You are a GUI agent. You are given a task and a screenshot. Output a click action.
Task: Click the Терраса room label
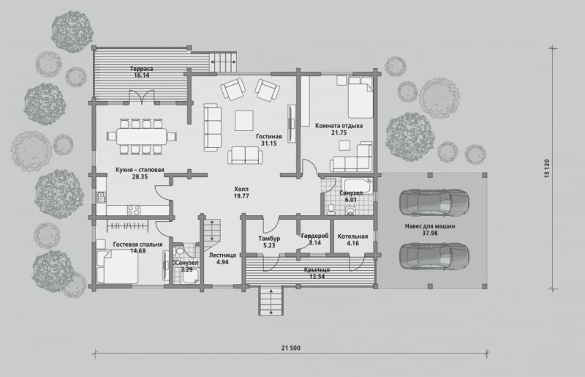141,69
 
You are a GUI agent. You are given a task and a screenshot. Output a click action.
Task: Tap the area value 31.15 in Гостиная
268,143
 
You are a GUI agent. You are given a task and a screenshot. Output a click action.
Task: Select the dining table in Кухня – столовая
142,136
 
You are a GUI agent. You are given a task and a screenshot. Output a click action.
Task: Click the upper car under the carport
434,202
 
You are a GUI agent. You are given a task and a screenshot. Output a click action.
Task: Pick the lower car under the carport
434,256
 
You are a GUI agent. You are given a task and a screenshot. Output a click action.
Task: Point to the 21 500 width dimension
290,348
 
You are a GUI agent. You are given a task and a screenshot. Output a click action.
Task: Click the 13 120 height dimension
547,168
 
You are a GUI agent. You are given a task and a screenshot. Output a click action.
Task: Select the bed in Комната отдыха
361,97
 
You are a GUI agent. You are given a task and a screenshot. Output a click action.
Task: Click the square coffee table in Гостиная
244,121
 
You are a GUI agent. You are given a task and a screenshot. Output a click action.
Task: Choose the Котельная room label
352,236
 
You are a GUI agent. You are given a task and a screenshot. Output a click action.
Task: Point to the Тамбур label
269,239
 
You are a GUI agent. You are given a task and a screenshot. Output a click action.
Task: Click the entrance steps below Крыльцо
271,300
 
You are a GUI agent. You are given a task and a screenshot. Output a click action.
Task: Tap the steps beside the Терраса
223,61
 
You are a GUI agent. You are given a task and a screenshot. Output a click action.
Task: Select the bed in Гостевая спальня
118,266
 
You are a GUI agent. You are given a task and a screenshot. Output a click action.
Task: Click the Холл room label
241,189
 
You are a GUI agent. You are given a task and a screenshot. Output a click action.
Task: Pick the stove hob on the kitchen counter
134,210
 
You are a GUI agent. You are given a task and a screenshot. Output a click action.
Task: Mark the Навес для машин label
430,226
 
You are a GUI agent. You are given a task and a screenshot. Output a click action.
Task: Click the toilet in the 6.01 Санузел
331,209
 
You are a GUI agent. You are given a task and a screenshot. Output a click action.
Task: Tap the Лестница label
222,255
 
